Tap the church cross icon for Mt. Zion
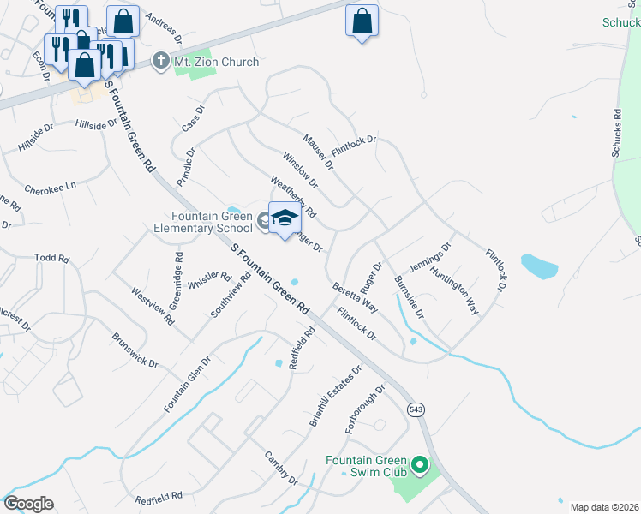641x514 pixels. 159,61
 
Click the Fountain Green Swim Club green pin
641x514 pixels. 419,465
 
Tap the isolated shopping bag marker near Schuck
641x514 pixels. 362,21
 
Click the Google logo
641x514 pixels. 28,504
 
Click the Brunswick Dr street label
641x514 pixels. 135,350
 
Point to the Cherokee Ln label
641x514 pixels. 50,187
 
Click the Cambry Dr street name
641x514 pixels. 280,468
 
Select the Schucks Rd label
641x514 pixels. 616,133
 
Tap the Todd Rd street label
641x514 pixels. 51,257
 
